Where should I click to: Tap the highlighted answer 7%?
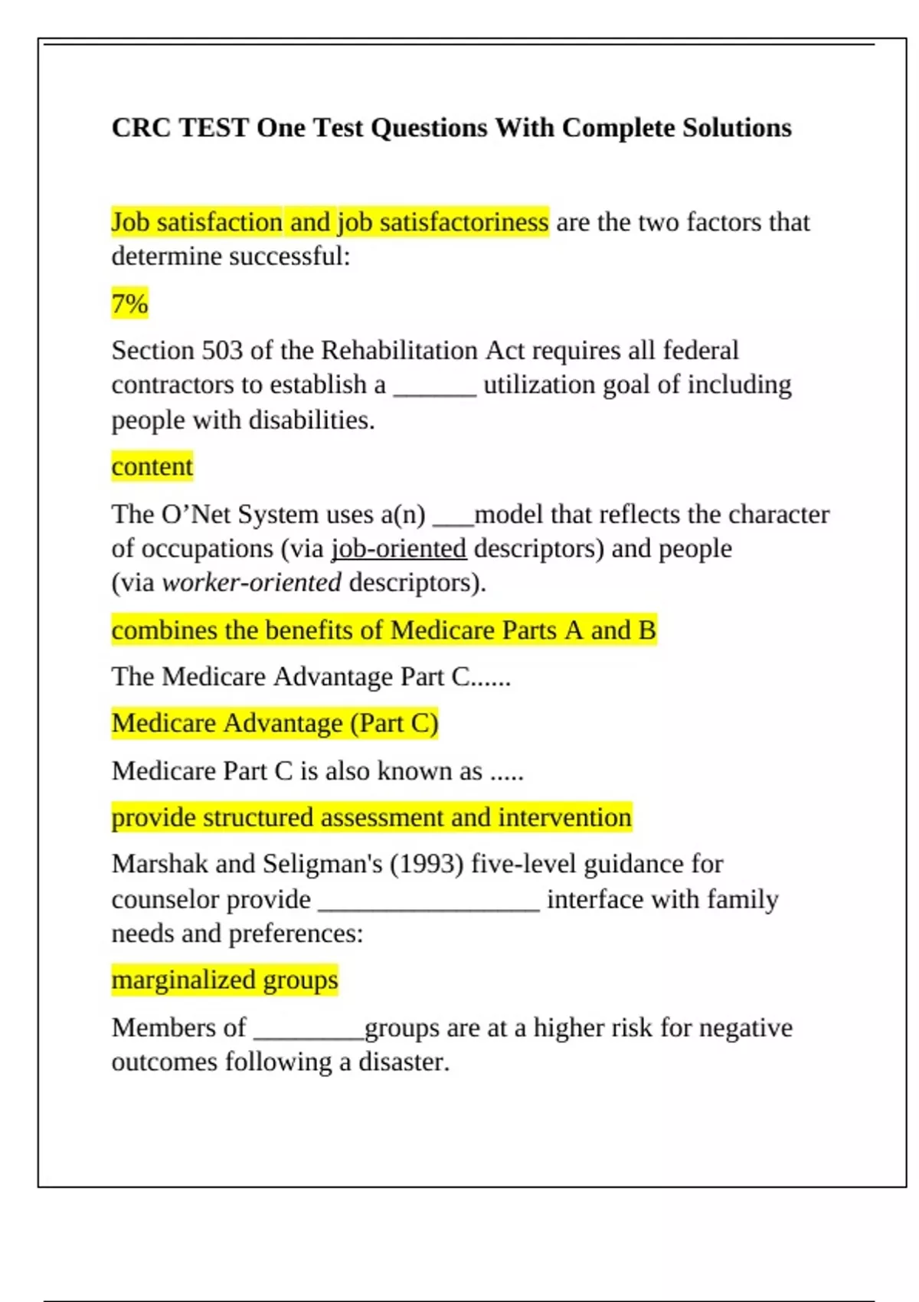pyautogui.click(x=129, y=304)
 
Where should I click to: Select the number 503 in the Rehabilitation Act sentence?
pyautogui.click(x=222, y=351)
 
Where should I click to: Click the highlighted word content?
pyautogui.click(x=152, y=466)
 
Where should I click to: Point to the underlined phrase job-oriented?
pyautogui.click(x=399, y=549)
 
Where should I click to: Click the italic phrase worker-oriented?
pyautogui.click(x=252, y=583)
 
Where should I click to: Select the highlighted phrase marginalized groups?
pyautogui.click(x=224, y=980)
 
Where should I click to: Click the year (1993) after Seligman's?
pyautogui.click(x=427, y=864)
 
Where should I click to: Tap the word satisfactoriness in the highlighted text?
pyautogui.click(x=464, y=222)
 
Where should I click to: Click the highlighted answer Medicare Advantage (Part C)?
pyautogui.click(x=275, y=724)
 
